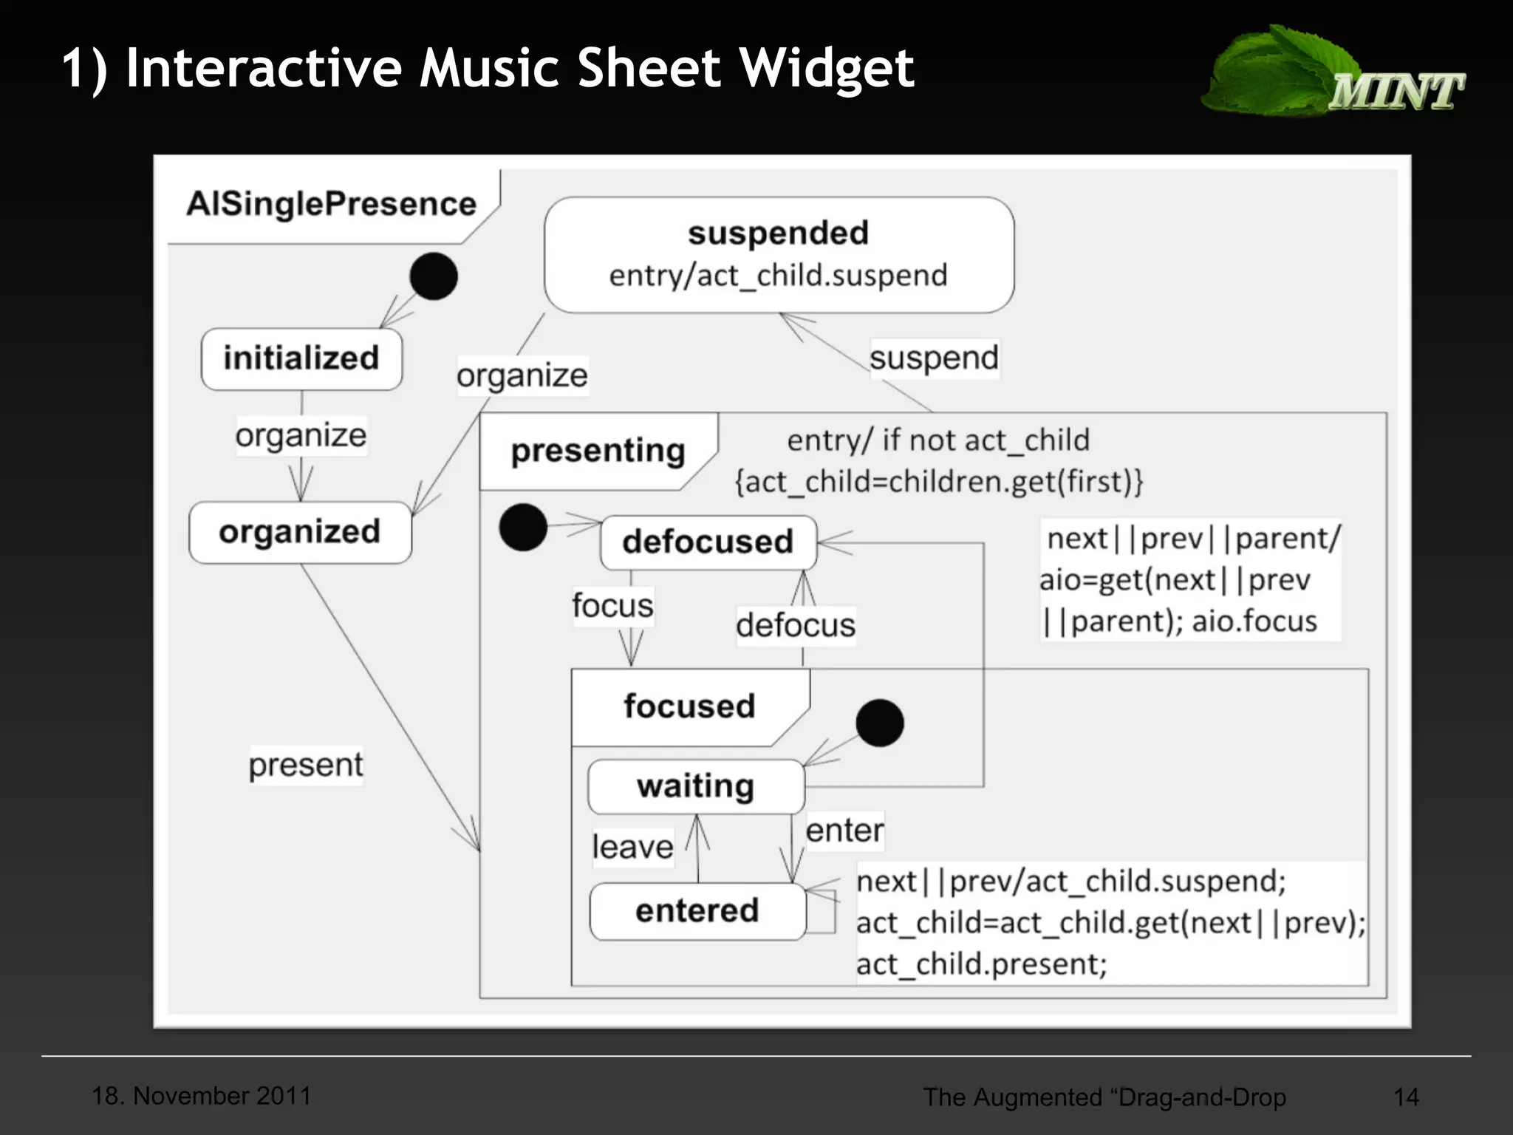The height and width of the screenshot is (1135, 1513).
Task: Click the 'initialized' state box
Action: [301, 359]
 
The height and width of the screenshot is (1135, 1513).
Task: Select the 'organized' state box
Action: [300, 532]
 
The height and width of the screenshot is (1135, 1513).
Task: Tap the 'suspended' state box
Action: [779, 254]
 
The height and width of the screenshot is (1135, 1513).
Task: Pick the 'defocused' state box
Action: [708, 542]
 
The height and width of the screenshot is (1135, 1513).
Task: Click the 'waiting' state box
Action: [695, 786]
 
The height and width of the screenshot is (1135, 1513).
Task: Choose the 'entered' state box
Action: [697, 911]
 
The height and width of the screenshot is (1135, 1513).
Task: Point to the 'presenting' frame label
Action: [598, 451]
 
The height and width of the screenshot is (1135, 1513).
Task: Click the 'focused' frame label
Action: [689, 706]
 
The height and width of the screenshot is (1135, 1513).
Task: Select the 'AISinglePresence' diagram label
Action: [331, 204]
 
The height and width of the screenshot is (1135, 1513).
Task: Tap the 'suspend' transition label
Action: [934, 358]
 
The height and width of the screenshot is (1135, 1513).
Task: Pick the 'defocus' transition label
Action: [796, 626]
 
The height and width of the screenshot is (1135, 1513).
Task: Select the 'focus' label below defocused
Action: [612, 606]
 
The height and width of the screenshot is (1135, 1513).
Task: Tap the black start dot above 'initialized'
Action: [434, 276]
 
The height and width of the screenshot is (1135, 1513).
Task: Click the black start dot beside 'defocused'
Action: [523, 528]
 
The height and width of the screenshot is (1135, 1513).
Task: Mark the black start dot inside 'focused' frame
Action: [879, 723]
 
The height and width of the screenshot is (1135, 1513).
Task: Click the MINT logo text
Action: [1396, 92]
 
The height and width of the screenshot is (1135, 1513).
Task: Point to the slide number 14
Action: [1406, 1097]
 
